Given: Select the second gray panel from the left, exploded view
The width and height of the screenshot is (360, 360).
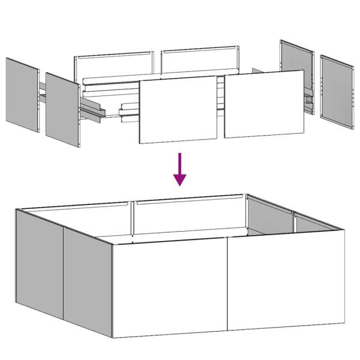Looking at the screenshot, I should pos(62,110).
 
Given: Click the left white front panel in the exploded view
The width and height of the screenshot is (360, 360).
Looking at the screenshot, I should pos(178,109).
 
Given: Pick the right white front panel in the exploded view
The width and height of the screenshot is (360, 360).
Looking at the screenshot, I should pos(264,104).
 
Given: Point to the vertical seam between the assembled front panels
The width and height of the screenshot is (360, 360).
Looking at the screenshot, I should pos(227,286).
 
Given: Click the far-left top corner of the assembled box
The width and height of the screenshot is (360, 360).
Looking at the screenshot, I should pos(17,209).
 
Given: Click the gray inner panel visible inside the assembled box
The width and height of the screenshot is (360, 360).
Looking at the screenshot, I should pos(269,217).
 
